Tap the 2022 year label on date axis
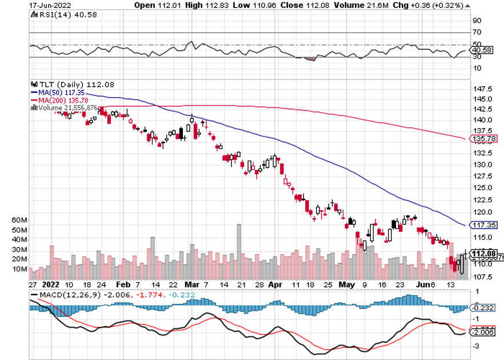pyautogui.click(x=50, y=284)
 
